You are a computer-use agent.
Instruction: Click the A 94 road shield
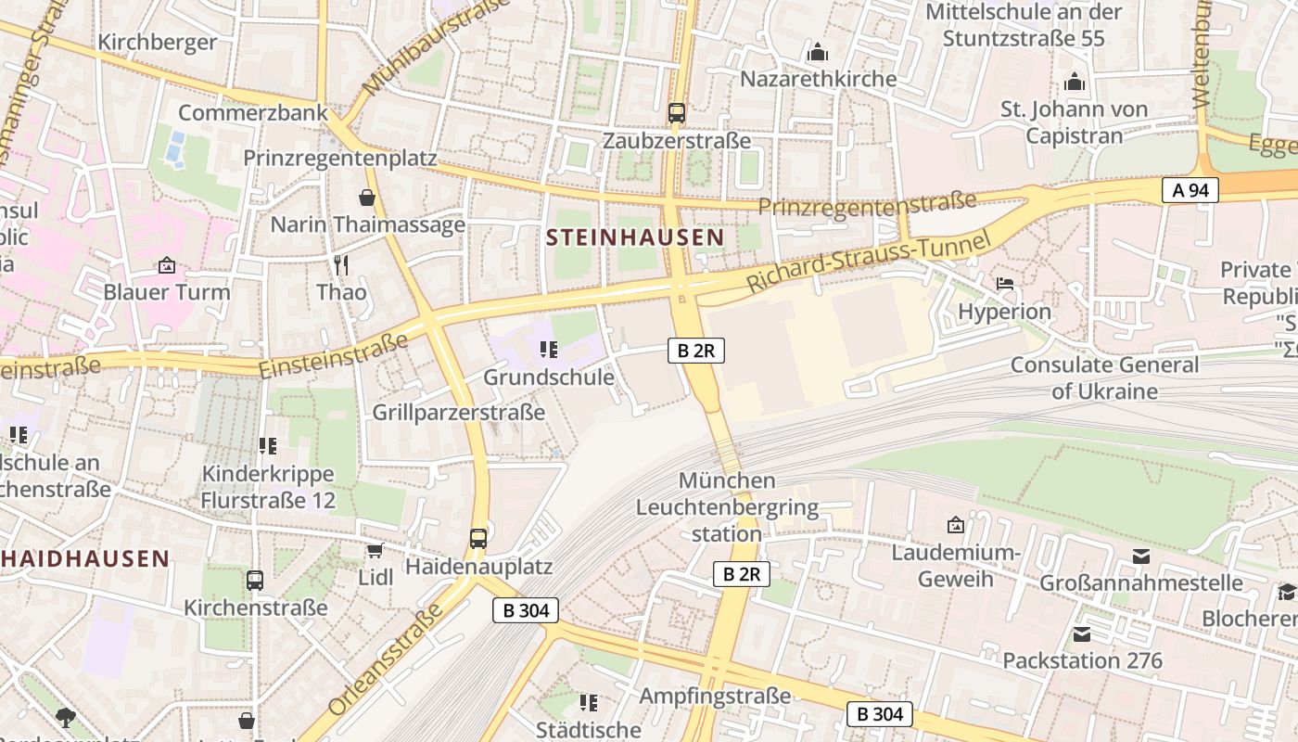click(x=1190, y=191)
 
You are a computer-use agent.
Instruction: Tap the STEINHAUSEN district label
click(x=634, y=237)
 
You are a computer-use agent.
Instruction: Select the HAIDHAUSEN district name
click(x=85, y=558)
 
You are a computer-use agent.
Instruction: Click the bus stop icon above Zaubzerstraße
click(x=676, y=113)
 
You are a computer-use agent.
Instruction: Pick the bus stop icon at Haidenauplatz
click(x=477, y=538)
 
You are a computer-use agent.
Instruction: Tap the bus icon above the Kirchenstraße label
click(x=255, y=581)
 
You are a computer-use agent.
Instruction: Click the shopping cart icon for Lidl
click(x=375, y=551)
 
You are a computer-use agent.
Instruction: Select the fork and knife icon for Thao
click(x=341, y=265)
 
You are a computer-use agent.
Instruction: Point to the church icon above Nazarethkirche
click(x=817, y=52)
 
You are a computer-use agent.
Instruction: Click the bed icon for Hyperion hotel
click(x=1004, y=284)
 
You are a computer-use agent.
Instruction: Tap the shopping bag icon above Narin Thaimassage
click(x=367, y=198)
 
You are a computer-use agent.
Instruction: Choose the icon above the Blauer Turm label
click(x=166, y=265)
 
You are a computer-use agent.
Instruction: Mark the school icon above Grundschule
click(x=548, y=350)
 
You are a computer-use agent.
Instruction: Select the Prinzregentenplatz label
click(x=339, y=158)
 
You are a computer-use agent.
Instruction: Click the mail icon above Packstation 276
click(x=1081, y=634)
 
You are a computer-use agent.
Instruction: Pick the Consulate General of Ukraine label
click(x=1104, y=377)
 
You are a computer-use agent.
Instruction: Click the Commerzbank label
click(x=252, y=113)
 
